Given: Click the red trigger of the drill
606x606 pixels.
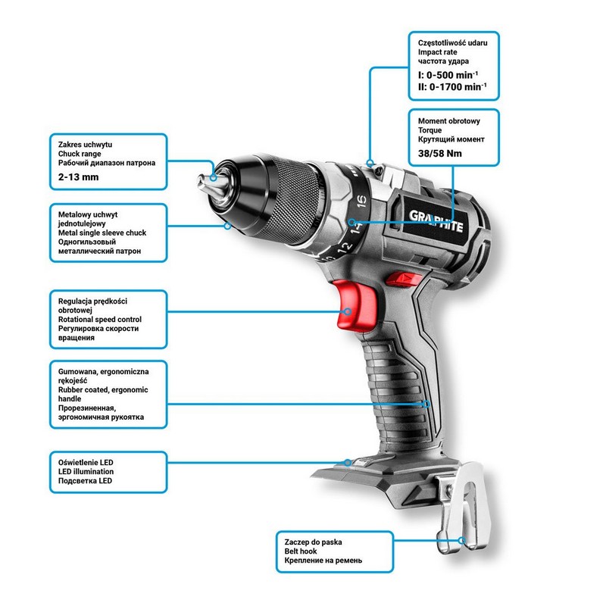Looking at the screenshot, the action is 354,305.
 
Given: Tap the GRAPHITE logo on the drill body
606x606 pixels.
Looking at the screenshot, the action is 436,220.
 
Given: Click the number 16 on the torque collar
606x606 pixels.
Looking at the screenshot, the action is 362,201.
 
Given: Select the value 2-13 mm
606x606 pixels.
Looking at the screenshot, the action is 79,177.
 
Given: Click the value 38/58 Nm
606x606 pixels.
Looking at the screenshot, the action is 440,154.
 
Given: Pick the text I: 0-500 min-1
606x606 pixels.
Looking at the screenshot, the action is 448,74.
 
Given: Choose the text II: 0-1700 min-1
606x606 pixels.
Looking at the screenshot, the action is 452,86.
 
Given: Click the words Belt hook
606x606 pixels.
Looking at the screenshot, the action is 300,551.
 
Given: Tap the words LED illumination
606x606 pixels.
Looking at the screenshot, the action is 86,471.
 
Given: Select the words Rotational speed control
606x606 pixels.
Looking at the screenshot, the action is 100,320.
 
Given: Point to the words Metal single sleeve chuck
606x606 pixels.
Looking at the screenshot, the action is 102,233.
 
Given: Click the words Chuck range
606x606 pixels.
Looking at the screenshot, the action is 80,154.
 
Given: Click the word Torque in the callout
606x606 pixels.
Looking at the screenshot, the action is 430,130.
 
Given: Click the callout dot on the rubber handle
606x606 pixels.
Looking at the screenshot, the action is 426,405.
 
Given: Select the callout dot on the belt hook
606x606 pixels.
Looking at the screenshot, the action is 461,540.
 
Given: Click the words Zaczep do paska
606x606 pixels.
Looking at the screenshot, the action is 313,542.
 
